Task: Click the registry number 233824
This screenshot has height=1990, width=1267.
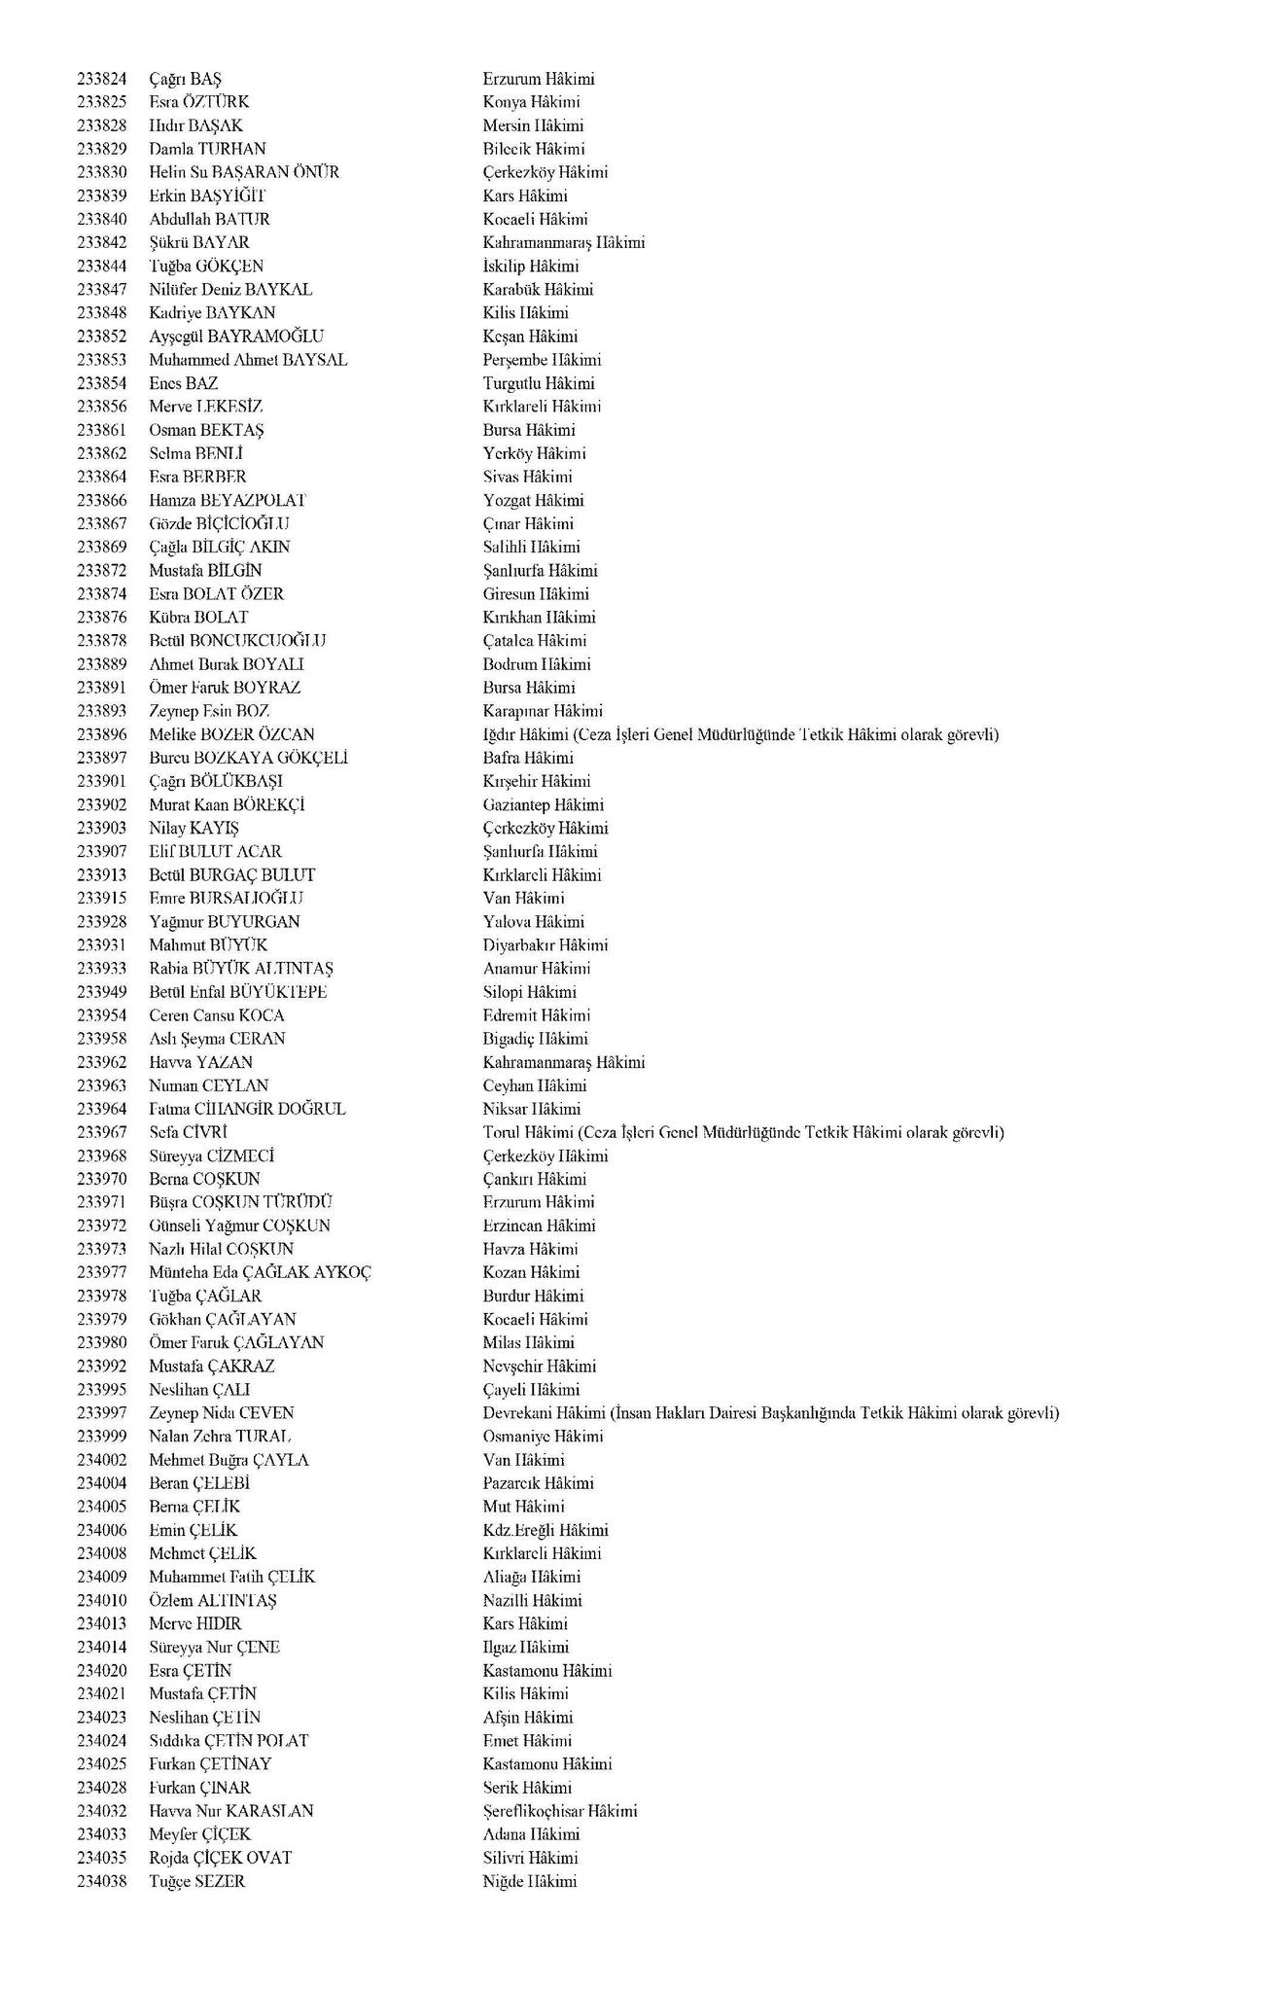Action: coord(102,79)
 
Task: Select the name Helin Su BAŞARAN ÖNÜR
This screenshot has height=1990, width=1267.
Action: coord(244,172)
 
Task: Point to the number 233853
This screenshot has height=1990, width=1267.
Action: coord(102,360)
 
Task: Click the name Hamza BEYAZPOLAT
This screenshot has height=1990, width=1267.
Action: coord(228,500)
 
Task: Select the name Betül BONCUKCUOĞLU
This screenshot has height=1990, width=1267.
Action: coord(237,640)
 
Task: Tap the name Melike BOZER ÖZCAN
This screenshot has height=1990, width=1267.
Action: coord(231,734)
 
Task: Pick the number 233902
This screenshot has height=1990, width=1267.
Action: coord(102,804)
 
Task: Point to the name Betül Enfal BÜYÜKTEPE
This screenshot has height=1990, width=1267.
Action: coord(238,992)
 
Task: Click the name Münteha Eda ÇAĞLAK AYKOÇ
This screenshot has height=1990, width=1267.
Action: coord(260,1272)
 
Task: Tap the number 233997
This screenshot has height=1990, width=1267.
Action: coord(102,1413)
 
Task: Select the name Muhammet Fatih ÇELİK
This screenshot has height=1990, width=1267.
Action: coord(232,1577)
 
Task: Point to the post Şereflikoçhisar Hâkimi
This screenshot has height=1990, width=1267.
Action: coord(560,1811)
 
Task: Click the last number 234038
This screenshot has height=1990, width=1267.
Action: coord(102,1881)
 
